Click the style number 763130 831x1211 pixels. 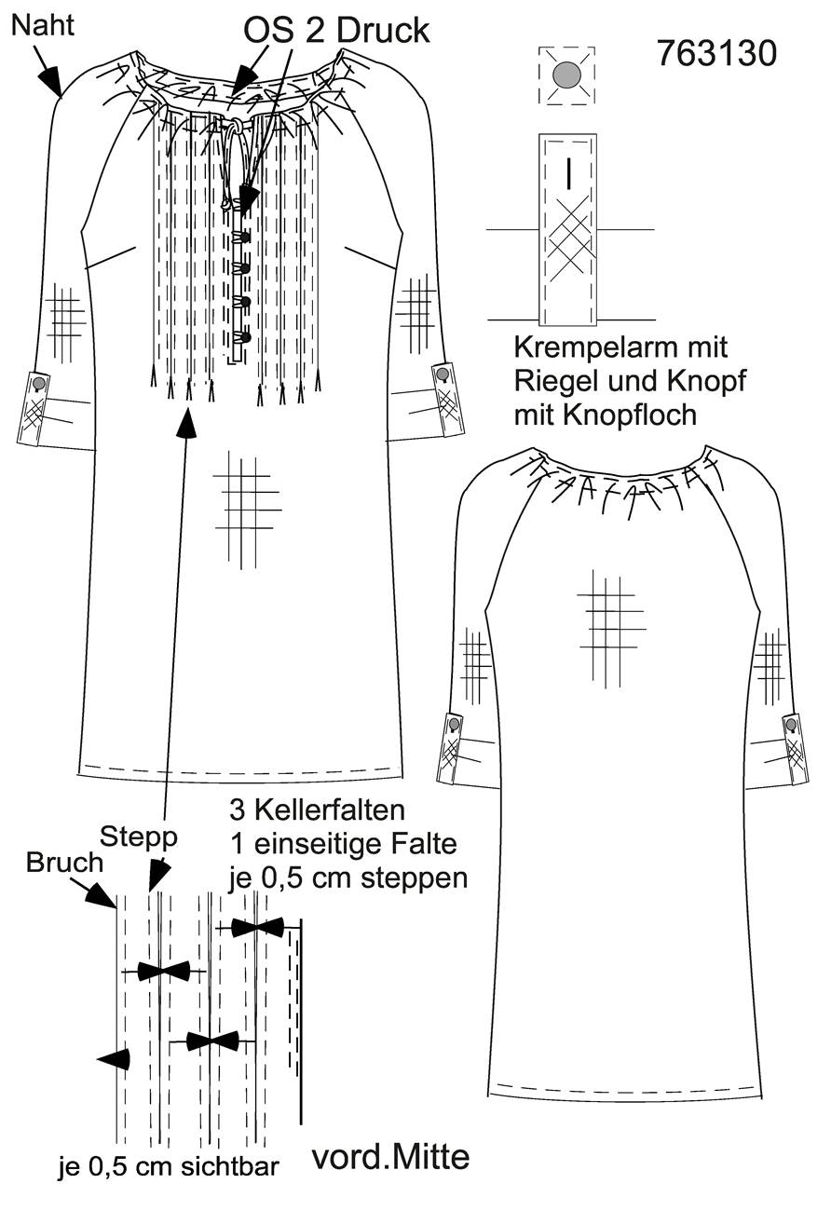point(717,53)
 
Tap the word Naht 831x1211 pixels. point(43,25)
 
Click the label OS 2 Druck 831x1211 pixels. point(336,31)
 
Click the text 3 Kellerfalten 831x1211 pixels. point(318,810)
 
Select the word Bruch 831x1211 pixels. point(63,863)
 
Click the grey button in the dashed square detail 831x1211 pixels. point(566,74)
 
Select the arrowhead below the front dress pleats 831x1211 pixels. point(187,423)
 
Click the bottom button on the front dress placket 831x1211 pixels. point(247,338)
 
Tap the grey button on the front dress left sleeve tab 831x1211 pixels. point(39,383)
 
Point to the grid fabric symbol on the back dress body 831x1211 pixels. point(611,628)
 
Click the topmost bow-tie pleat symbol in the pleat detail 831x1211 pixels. point(257,927)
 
